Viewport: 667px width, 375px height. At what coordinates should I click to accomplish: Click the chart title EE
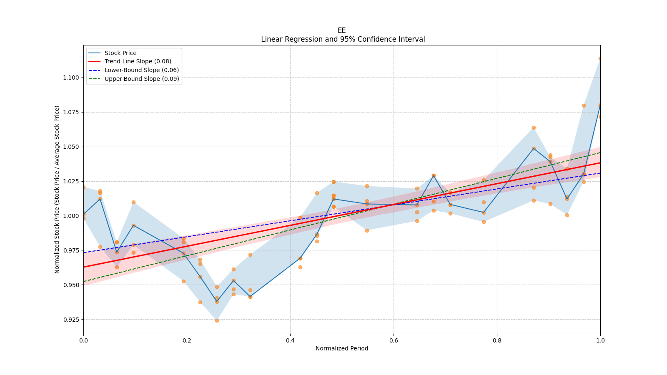point(341,30)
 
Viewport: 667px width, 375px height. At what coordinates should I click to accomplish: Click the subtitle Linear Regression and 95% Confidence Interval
point(343,39)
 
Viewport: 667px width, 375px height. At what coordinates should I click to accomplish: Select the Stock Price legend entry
point(120,53)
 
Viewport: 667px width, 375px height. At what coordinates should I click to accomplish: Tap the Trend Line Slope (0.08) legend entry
point(138,62)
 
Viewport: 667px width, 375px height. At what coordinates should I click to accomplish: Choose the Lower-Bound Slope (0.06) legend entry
point(141,70)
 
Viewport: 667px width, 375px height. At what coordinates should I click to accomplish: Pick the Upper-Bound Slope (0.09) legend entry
point(142,79)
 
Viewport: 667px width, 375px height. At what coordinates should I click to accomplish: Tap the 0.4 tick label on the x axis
point(290,340)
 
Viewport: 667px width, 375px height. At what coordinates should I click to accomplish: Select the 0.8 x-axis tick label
point(497,340)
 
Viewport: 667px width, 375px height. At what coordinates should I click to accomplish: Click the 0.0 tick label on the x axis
point(83,340)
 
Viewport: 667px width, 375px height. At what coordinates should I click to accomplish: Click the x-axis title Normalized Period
point(342,348)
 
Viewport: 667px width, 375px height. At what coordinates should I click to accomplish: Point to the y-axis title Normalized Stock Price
point(57,189)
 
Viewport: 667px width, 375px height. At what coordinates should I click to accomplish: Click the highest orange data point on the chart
point(600,58)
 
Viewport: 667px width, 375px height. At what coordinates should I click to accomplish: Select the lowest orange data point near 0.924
point(217,320)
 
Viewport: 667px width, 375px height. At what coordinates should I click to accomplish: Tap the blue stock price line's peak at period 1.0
point(600,105)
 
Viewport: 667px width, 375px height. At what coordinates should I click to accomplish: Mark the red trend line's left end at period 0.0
point(84,267)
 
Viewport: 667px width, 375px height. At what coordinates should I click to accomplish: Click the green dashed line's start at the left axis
point(84,281)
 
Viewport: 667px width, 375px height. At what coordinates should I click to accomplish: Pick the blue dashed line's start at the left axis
point(84,252)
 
